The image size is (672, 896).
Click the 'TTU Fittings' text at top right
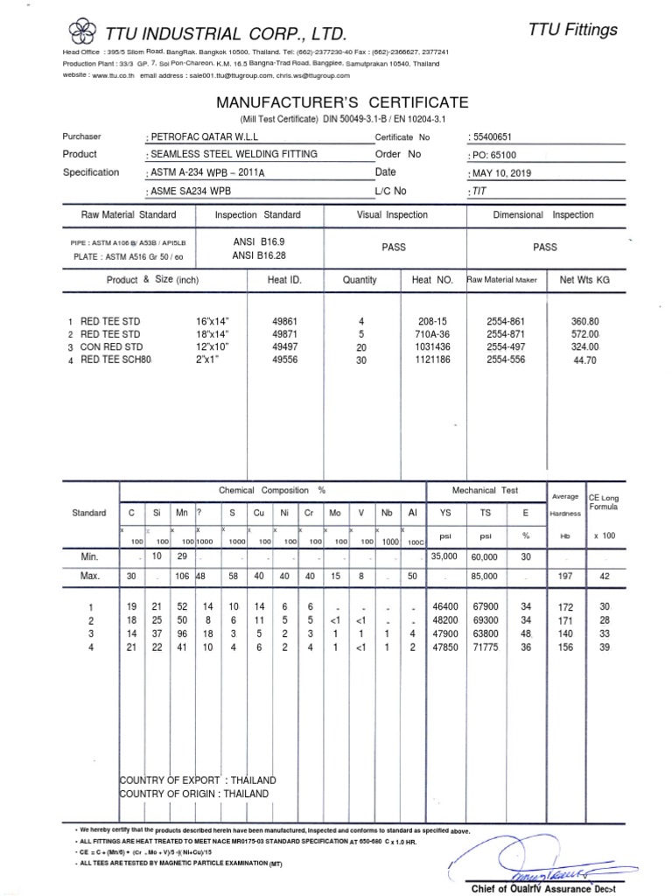[573, 30]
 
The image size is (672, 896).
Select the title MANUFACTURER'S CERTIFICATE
[342, 102]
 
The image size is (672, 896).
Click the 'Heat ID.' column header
[283, 280]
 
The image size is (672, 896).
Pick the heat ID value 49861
[287, 322]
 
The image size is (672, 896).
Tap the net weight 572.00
[584, 334]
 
